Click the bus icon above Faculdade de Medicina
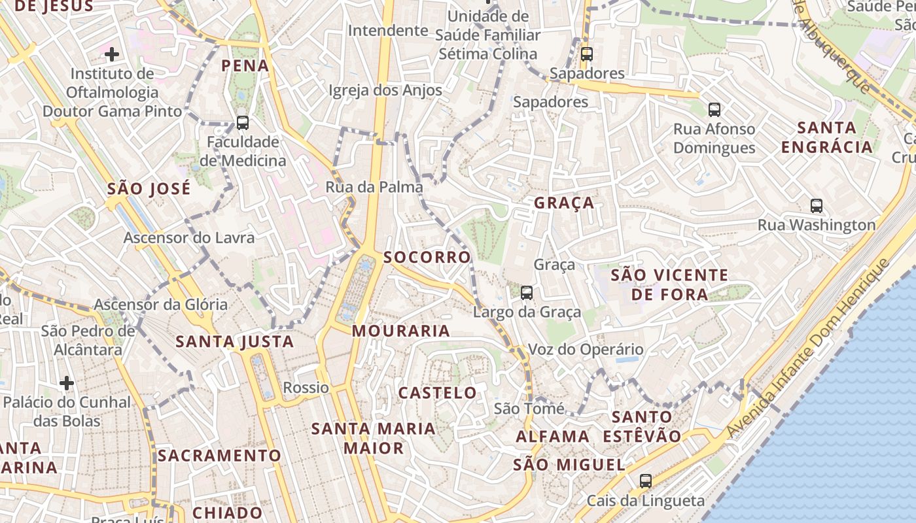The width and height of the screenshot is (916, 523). tap(242, 122)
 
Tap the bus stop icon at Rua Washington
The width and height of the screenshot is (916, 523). tap(816, 206)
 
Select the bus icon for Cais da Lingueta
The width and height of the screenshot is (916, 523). tap(645, 481)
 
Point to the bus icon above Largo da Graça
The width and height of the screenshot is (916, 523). tap(527, 292)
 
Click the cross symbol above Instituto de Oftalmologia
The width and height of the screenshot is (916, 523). tap(112, 54)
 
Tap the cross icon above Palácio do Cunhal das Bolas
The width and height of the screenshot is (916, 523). tap(66, 382)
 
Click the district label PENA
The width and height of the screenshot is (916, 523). tap(245, 65)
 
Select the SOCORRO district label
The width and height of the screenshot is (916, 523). tap(427, 257)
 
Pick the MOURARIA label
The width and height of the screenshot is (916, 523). tap(401, 331)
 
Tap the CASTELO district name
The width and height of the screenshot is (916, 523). tap(438, 393)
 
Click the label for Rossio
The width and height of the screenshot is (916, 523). tap(306, 388)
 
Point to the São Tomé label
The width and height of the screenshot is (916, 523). tap(529, 409)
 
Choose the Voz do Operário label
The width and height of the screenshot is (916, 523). tap(585, 349)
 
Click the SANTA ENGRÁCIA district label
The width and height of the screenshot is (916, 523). tap(827, 137)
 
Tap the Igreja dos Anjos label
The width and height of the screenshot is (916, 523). tap(385, 90)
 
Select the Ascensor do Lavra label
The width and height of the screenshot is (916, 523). tap(189, 237)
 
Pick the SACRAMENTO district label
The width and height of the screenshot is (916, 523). tap(219, 455)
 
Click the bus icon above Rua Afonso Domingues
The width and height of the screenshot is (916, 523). tap(714, 109)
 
